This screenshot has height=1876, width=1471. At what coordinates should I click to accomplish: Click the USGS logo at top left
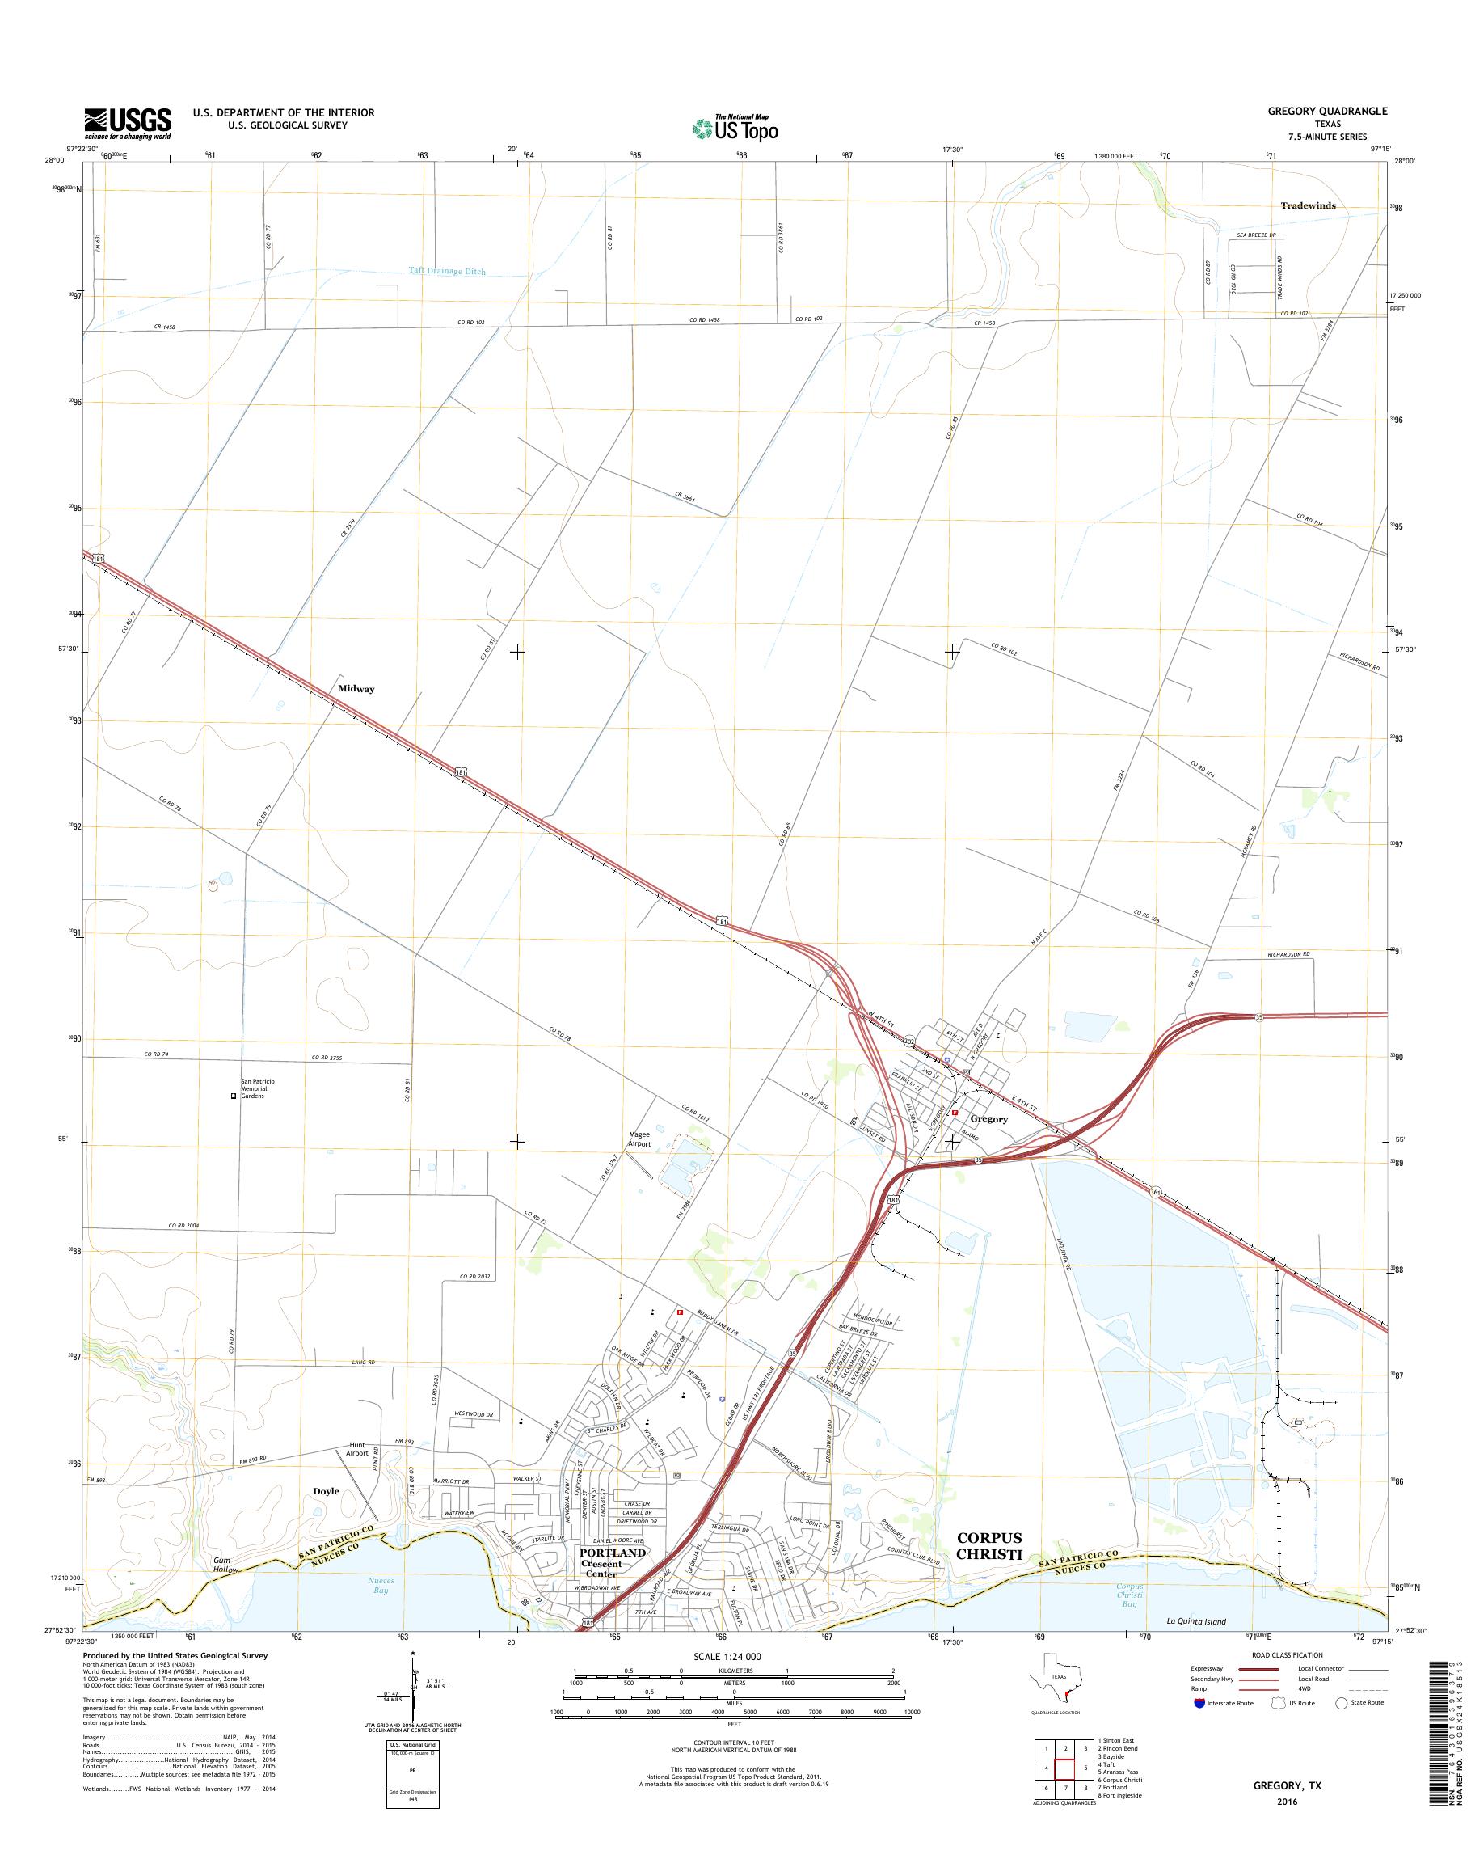[127, 123]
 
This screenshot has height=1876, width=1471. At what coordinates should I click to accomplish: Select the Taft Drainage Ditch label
[446, 271]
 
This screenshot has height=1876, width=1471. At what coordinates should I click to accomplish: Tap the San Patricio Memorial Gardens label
[258, 1088]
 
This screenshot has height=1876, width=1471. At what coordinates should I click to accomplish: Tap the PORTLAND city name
[613, 1552]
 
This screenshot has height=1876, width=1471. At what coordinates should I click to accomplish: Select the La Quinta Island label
[1195, 1621]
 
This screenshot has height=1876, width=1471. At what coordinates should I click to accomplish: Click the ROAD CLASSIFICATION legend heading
[1287, 1655]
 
